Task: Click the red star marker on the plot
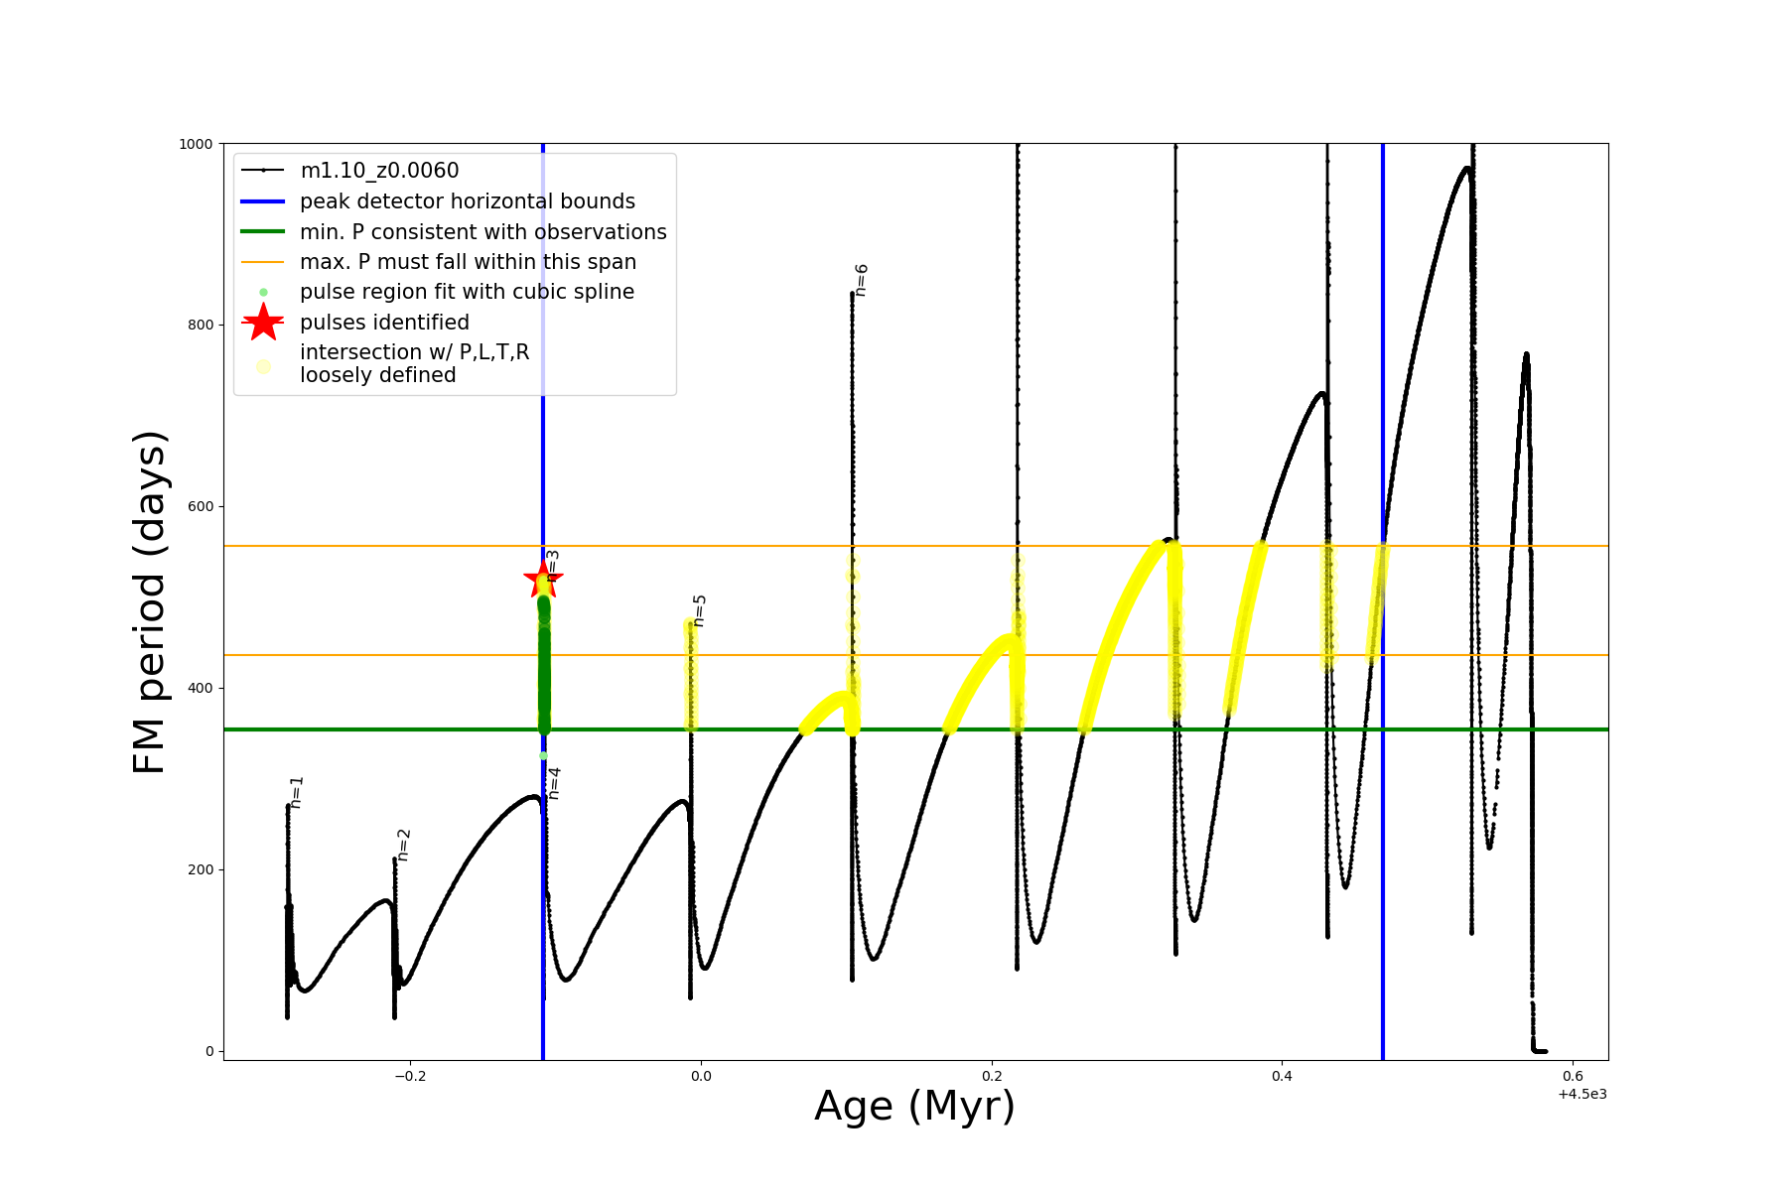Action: point(543,579)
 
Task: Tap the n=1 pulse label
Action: point(296,792)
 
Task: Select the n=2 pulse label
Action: point(403,845)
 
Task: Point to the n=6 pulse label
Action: point(861,280)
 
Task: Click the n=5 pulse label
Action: point(699,610)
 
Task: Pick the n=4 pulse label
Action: point(554,783)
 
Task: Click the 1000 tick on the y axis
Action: point(196,144)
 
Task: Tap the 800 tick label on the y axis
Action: point(199,326)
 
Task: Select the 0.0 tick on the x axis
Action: point(701,1076)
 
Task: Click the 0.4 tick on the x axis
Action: point(1282,1076)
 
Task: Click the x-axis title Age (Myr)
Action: point(914,1107)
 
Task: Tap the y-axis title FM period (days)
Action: point(150,601)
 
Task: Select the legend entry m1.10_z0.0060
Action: point(379,171)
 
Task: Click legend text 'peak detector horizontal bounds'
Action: point(468,201)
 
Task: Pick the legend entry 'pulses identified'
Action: point(384,323)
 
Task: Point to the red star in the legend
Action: point(263,323)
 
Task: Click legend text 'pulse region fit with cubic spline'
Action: point(467,292)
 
